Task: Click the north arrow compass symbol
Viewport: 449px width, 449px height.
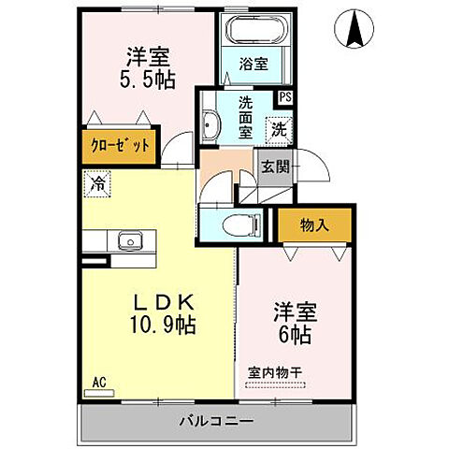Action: point(356,28)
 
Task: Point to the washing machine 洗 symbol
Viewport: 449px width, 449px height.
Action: point(280,128)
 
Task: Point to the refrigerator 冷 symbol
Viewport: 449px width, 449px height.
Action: point(97,185)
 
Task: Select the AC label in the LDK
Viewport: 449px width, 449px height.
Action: point(98,382)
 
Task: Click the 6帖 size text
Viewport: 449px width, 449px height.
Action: point(294,334)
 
